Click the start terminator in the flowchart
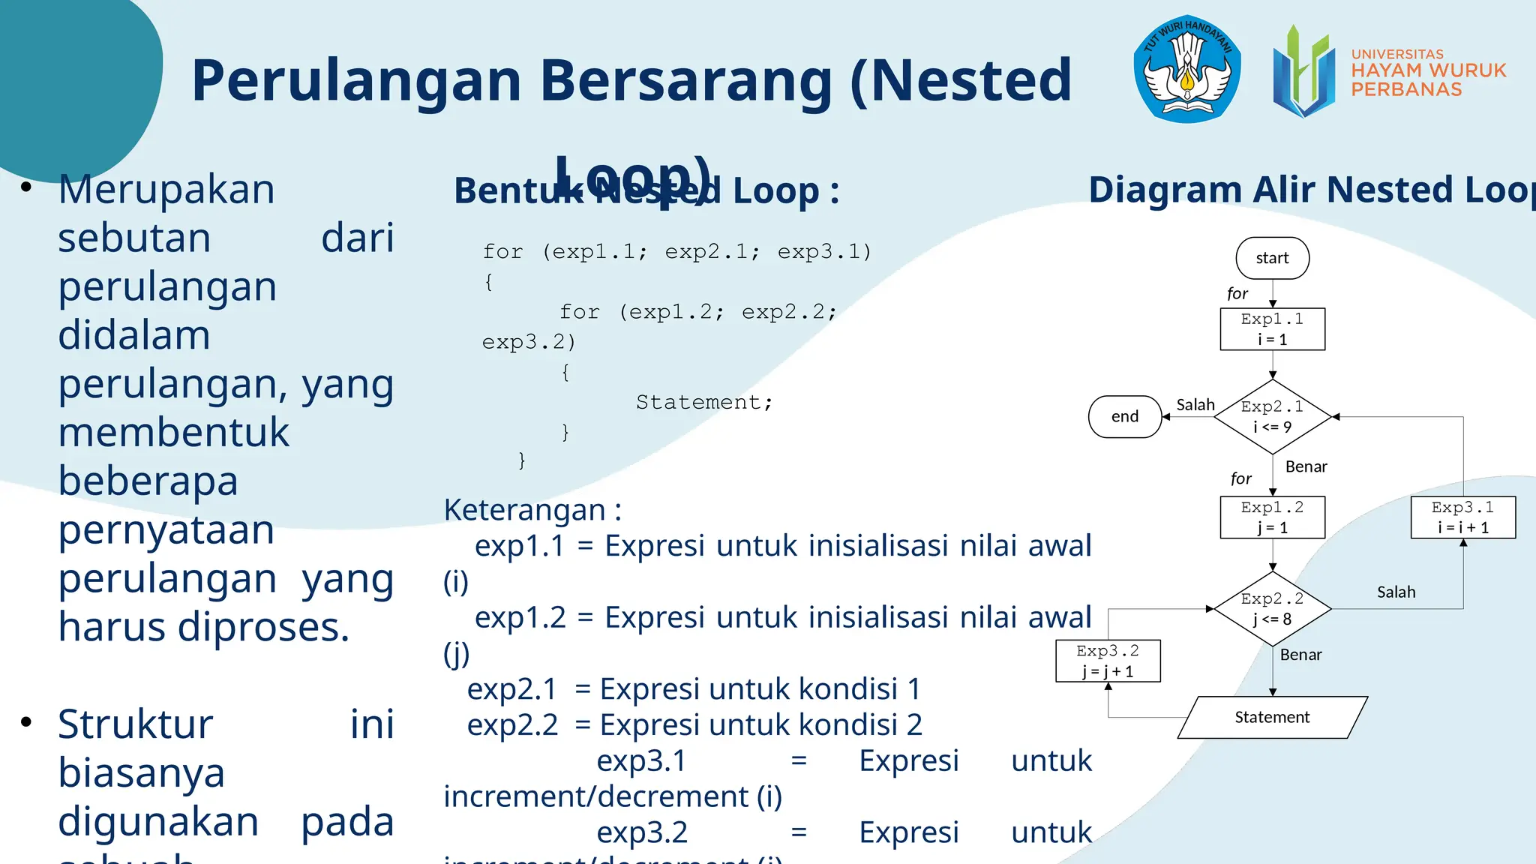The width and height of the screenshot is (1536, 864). [1272, 258]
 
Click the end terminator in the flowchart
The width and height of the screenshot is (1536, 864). [1124, 416]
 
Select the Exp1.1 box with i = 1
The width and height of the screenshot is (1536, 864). [1272, 329]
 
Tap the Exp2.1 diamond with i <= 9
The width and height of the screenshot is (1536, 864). [1272, 417]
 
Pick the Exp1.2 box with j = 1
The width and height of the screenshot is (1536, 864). [1272, 517]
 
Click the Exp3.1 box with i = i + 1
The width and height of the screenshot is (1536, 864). [1462, 517]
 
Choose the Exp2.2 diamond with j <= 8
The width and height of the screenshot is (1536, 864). [1272, 608]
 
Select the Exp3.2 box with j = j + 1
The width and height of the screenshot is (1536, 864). [1108, 661]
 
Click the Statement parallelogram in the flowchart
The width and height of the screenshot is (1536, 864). [1272, 717]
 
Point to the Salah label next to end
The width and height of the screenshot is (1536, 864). [1195, 405]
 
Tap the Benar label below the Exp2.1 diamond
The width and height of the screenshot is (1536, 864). [1306, 466]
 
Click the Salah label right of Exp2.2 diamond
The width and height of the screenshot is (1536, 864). [1396, 592]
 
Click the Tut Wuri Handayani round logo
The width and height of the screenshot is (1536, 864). [1186, 69]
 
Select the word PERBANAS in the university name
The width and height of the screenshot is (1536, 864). [1406, 89]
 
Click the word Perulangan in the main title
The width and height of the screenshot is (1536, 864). [356, 80]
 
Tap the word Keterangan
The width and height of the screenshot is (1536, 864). [525, 510]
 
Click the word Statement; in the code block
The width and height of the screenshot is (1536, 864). [703, 403]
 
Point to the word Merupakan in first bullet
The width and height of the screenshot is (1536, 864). [166, 189]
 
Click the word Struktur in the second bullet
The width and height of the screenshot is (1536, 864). [136, 724]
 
